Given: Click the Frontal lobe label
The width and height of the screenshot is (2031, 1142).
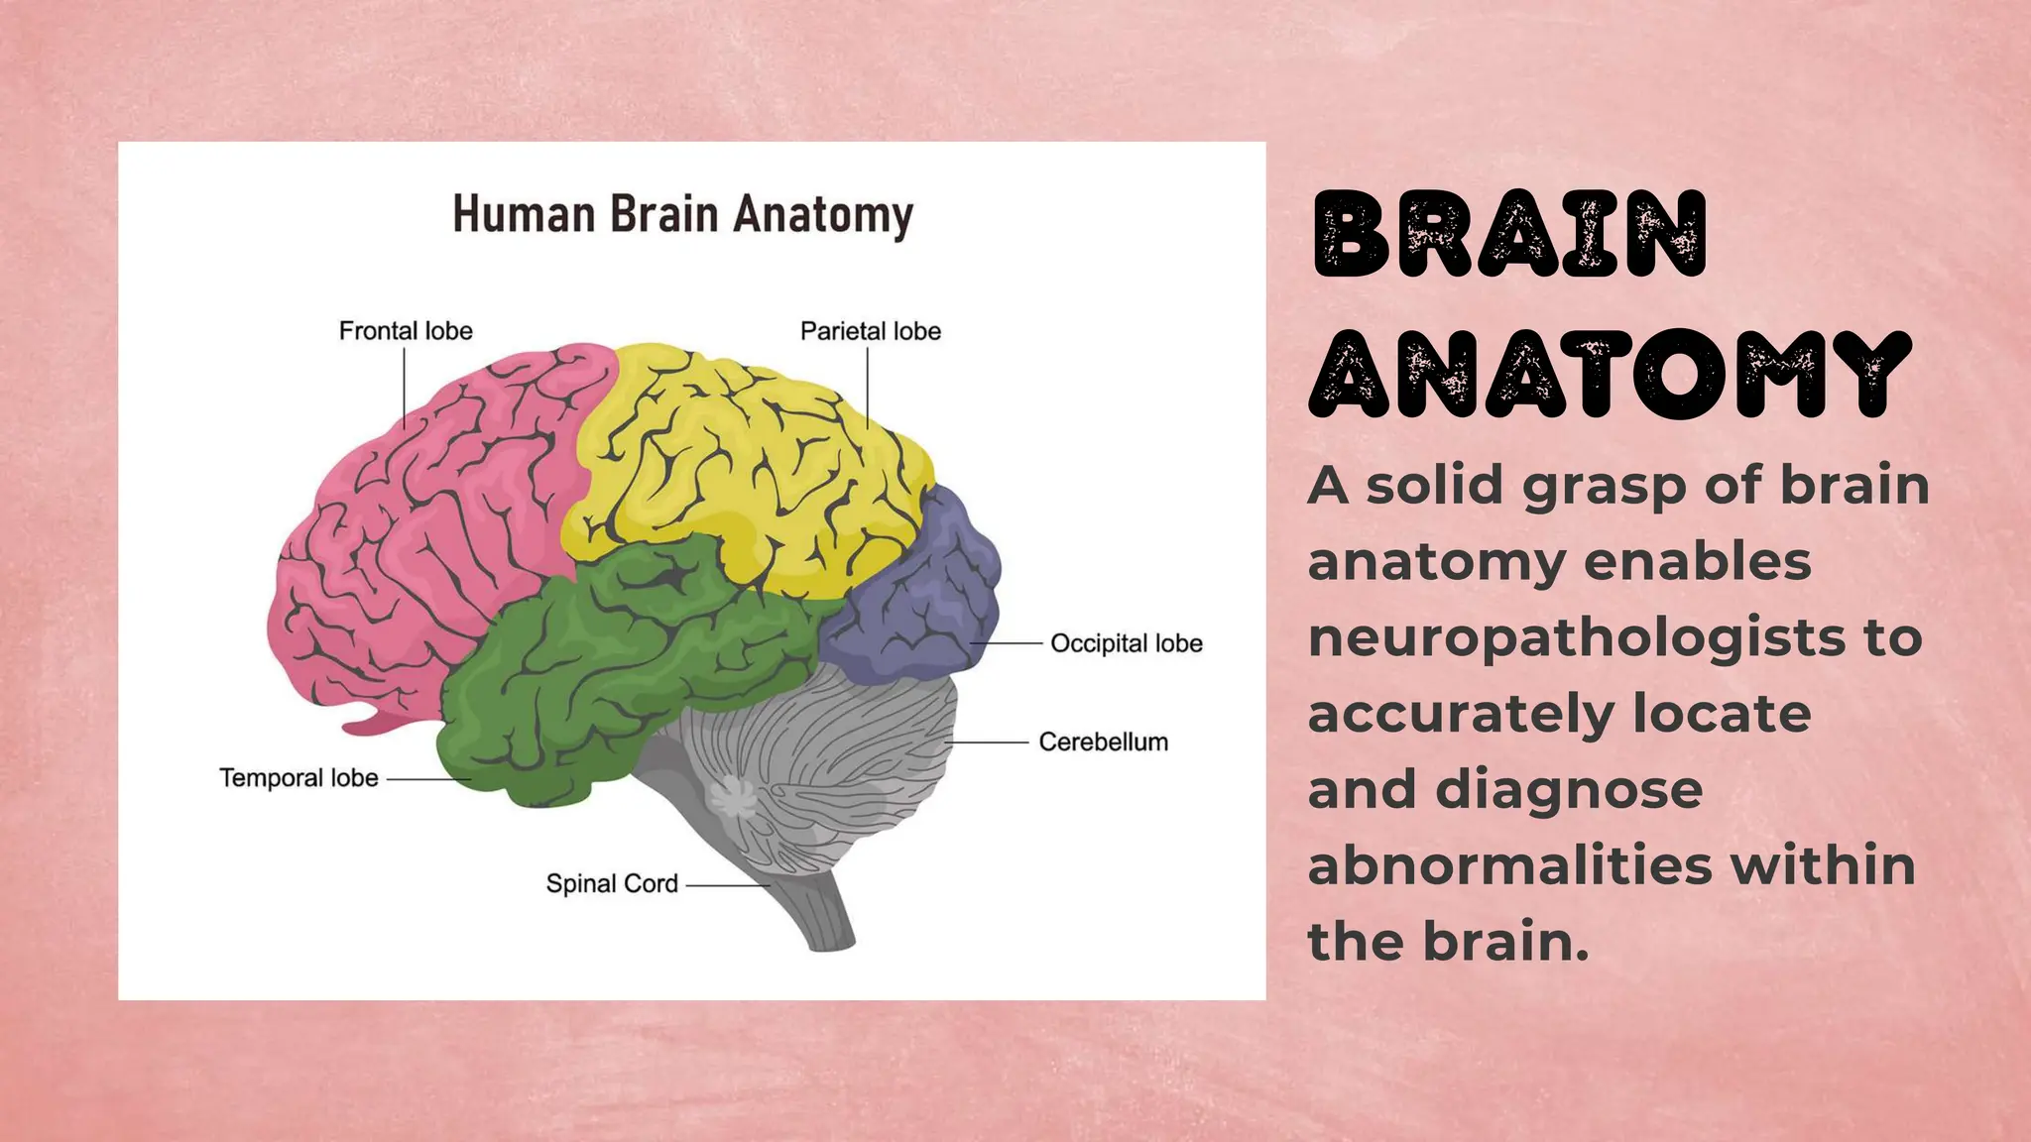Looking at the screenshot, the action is tap(406, 331).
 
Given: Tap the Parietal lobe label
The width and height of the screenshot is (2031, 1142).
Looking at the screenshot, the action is tap(870, 331).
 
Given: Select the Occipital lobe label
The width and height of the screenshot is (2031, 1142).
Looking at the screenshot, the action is tap(1126, 643).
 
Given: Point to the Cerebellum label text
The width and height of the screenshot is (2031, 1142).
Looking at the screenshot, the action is tap(1103, 742).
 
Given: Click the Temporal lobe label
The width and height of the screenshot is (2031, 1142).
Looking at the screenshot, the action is tap(299, 778).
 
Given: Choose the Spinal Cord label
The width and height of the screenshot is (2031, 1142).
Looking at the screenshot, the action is tap(612, 883).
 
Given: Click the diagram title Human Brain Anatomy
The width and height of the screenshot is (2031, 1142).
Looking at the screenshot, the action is tap(682, 214).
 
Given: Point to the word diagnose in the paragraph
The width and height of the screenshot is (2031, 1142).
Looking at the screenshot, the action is tap(1569, 789).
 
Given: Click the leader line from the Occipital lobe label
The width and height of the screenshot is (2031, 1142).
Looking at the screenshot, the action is tap(1007, 643).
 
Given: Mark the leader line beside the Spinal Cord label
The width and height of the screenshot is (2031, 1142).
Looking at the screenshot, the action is tap(727, 884).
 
